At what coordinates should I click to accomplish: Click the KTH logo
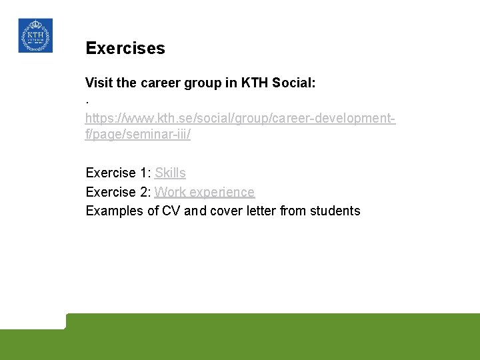click(x=35, y=35)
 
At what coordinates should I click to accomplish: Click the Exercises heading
click(x=125, y=49)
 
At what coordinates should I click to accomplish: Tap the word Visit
click(x=99, y=83)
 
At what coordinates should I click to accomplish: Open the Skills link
click(x=170, y=173)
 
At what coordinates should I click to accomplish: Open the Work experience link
click(x=205, y=192)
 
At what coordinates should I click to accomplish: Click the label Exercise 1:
click(x=118, y=173)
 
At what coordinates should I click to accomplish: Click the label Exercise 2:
click(x=118, y=192)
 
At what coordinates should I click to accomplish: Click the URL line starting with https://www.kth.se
click(x=240, y=119)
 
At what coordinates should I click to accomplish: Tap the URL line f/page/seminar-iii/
click(x=138, y=134)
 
